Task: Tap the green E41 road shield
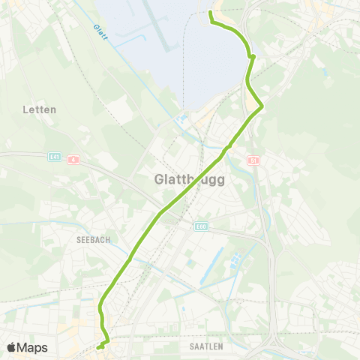pos(54,157)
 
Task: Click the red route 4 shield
pos(73,160)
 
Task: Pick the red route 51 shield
pos(253,160)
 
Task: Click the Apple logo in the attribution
pos(11,347)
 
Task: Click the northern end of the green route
pos(209,13)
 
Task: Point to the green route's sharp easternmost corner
pos(262,107)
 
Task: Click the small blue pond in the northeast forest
pos(324,73)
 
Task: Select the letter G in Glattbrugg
pos(158,181)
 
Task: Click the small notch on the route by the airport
pos(253,56)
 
